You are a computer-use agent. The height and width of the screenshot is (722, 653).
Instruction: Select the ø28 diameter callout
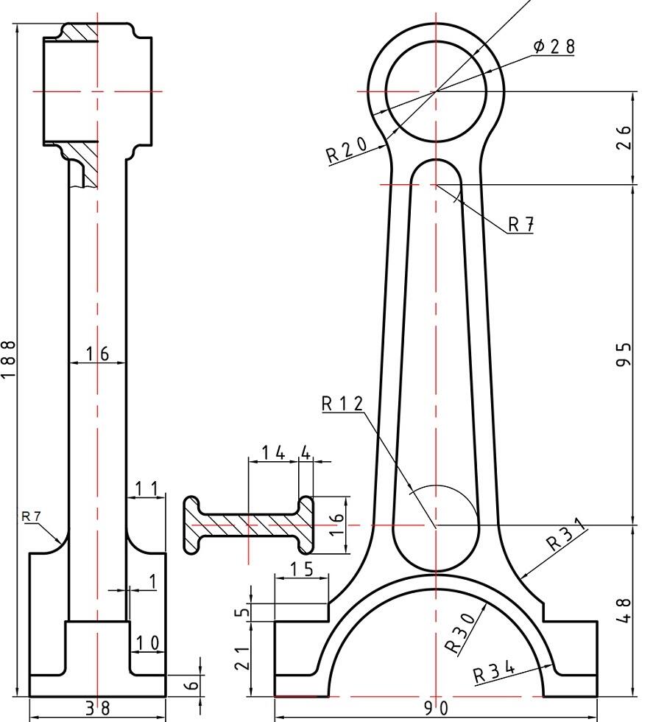[x=554, y=46]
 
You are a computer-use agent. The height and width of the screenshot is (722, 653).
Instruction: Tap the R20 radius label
[x=347, y=150]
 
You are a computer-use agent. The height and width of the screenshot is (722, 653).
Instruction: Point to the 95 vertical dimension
[x=624, y=354]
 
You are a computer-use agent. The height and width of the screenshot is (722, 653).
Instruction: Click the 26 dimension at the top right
[x=624, y=137]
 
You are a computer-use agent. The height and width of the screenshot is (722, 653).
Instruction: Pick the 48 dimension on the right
[x=624, y=611]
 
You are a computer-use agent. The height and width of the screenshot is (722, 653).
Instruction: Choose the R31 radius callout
[x=566, y=534]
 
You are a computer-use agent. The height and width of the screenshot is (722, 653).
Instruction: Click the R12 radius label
[x=342, y=404]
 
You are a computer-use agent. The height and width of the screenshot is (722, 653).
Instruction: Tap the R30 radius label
[x=460, y=633]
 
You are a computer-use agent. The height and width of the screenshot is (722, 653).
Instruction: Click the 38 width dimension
[x=98, y=708]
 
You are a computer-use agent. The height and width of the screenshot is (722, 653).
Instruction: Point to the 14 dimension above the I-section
[x=273, y=453]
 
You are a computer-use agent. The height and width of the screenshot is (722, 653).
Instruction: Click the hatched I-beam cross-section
[x=249, y=525]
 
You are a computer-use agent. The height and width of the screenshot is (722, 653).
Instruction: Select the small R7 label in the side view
[x=32, y=516]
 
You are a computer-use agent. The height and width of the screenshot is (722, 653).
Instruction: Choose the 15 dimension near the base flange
[x=302, y=569]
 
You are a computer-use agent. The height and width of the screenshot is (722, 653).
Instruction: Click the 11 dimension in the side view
[x=147, y=488]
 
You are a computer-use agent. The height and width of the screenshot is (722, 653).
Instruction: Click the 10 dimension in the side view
[x=148, y=642]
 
